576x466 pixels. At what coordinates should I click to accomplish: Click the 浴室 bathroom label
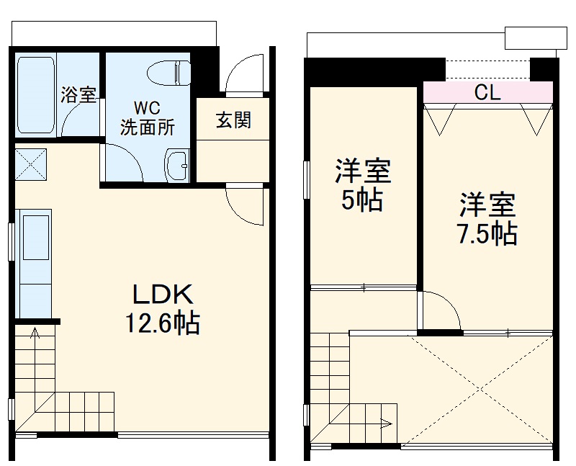(x=78, y=95)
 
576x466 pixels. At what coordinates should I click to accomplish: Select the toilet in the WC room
(x=168, y=73)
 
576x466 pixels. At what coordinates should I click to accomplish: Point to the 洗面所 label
(x=148, y=128)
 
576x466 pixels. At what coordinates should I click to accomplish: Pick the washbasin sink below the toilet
(x=176, y=166)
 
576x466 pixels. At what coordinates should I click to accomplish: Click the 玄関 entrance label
(x=233, y=120)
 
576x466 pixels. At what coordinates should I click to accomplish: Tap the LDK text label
(x=162, y=295)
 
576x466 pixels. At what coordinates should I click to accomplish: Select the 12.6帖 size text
(x=163, y=323)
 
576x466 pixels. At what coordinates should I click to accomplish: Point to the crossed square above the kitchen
(x=30, y=163)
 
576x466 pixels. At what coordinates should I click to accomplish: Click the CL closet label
(x=488, y=92)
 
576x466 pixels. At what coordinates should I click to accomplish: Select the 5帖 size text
(x=362, y=200)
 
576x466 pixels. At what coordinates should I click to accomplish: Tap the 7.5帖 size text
(x=488, y=233)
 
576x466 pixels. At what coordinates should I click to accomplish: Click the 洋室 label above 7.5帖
(x=488, y=205)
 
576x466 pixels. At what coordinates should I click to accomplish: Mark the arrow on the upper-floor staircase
(x=389, y=424)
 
